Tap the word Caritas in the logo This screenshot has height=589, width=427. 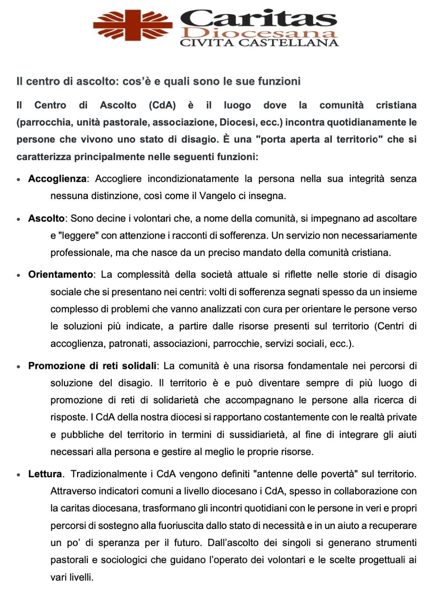coord(259,18)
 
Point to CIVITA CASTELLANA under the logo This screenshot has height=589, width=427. coord(259,43)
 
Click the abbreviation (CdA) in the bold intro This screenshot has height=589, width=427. coord(162,105)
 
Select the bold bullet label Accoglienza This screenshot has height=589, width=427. coord(57,179)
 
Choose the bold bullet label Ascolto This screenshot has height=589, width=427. coord(46,218)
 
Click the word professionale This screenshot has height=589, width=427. coord(78,253)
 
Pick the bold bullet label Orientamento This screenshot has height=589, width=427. coord(61,274)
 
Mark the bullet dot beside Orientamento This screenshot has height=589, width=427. coord(19,275)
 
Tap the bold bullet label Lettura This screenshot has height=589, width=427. coord(45,474)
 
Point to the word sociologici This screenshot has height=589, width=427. coord(124,560)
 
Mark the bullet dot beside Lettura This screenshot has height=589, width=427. coord(19,475)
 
